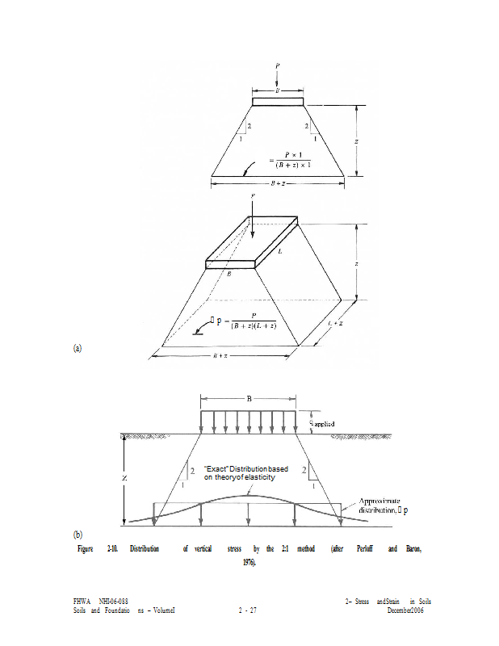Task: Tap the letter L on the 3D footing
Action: point(280,252)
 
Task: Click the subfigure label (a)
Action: point(78,349)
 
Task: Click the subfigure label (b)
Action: point(78,535)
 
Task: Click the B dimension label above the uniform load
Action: point(249,399)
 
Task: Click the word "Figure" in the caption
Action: point(85,549)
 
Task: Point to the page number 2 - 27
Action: point(247,610)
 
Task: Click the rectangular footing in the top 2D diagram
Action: point(278,102)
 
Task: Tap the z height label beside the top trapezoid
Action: point(357,141)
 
